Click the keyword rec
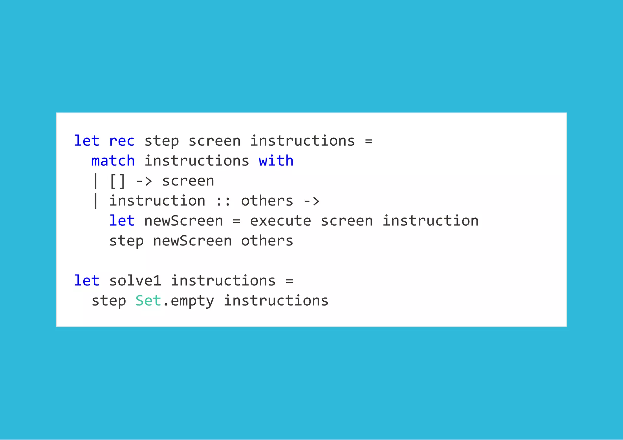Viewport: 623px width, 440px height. (x=122, y=141)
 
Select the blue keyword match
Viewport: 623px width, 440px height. (x=113, y=161)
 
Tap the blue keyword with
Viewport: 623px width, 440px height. (x=276, y=161)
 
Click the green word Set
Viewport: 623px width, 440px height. (x=148, y=301)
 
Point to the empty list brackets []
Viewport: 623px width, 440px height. (x=117, y=181)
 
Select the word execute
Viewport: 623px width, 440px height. (x=280, y=221)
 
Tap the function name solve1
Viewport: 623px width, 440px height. (x=135, y=281)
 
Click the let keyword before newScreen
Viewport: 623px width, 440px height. (x=122, y=221)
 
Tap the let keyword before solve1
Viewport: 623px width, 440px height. (x=87, y=281)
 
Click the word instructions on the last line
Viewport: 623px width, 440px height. (x=276, y=301)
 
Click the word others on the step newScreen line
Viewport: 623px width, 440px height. (x=267, y=241)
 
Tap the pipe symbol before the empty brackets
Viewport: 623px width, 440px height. (x=96, y=181)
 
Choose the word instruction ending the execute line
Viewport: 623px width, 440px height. (x=430, y=221)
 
